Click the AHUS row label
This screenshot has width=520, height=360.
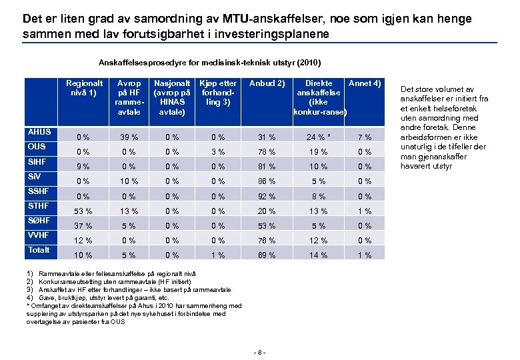[40, 132]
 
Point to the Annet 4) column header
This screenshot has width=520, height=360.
[365, 84]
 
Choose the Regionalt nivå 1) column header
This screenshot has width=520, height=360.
[82, 88]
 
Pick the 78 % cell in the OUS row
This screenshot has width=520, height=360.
[267, 152]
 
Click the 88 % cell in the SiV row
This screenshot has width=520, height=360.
[267, 181]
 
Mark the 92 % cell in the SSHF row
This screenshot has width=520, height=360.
[267, 197]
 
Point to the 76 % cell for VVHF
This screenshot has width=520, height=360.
[267, 241]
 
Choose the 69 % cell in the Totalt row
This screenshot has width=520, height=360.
[267, 255]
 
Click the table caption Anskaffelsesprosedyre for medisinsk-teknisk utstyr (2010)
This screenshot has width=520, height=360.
[209, 63]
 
